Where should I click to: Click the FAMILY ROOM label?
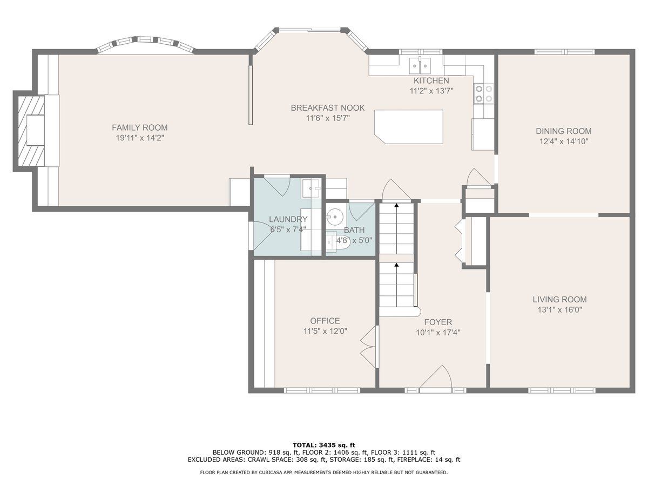pos(140,127)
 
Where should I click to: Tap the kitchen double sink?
pos(420,66)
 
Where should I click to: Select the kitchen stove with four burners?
pos(484,93)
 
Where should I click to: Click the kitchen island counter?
pos(409,127)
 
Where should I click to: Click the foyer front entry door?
pos(436,380)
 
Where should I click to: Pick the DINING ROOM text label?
pos(564,131)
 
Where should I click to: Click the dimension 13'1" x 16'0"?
pos(559,309)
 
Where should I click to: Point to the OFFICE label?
pos(325,321)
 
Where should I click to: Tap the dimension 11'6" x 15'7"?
pos(328,118)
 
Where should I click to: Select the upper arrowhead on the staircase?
pos(396,205)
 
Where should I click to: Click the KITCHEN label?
pos(431,80)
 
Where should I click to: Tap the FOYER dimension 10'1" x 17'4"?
pos(438,333)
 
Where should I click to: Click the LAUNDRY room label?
pos(288,219)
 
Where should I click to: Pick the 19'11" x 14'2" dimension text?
pos(140,138)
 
